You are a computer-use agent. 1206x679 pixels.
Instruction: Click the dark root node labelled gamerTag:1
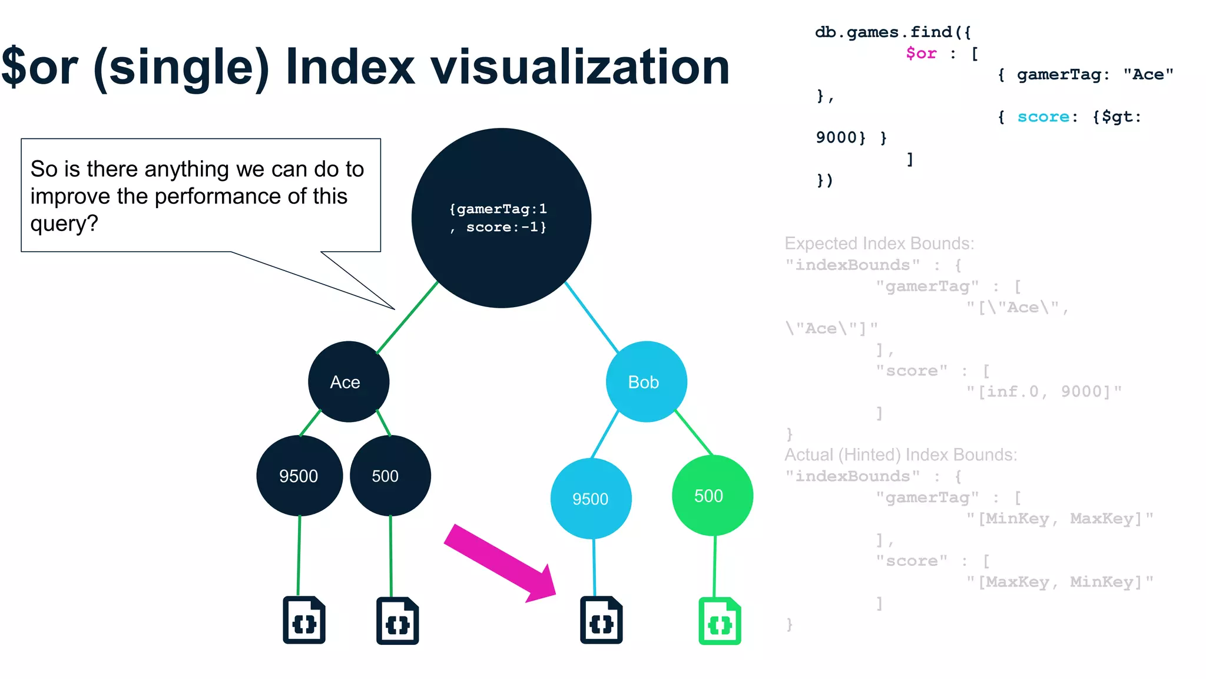point(501,218)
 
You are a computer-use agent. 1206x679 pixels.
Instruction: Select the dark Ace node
point(348,382)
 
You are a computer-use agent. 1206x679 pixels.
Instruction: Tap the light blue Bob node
point(646,382)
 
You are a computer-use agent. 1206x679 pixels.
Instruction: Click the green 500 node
point(712,496)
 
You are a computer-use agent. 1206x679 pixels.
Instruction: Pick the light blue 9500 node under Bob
point(591,499)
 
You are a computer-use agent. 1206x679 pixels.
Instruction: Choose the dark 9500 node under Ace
point(299,476)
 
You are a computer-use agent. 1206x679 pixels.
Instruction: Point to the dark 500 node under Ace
point(390,476)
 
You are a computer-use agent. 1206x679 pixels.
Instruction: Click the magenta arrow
point(501,563)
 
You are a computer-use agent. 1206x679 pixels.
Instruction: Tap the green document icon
point(720,621)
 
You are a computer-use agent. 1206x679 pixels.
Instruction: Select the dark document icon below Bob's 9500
point(601,620)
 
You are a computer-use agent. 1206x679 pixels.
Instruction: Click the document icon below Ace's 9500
point(304,620)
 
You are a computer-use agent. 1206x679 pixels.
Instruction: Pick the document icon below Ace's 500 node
point(397,621)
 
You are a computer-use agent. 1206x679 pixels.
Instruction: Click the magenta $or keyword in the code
point(921,54)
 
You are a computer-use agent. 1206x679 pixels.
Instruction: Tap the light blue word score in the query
point(1043,117)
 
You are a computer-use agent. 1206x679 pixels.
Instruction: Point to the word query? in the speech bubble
point(64,224)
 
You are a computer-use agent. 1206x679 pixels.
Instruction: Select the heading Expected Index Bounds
point(879,243)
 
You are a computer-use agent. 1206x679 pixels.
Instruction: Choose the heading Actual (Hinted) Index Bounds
point(900,455)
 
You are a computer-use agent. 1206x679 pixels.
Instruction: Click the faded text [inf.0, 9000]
point(1043,392)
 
